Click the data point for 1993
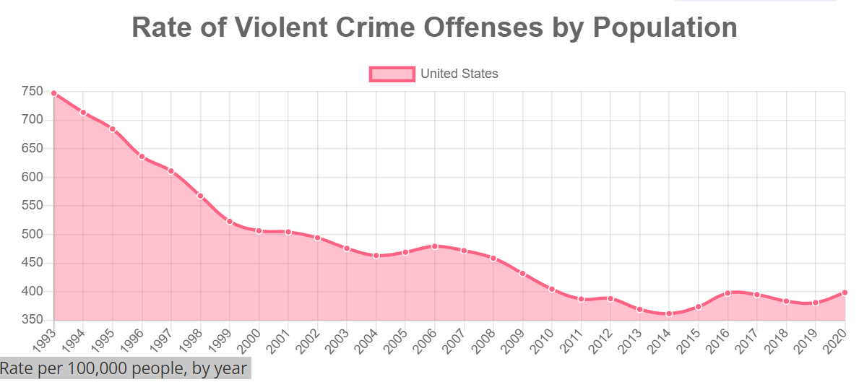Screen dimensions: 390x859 (x=54, y=93)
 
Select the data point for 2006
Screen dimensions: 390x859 (x=435, y=246)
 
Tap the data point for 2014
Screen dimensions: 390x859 (x=669, y=313)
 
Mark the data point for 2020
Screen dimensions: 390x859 (x=845, y=292)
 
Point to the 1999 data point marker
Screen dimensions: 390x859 (x=230, y=221)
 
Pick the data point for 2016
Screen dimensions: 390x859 (x=728, y=293)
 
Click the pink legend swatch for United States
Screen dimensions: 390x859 (x=392, y=74)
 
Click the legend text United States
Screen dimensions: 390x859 (x=459, y=74)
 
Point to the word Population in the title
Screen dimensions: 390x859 (x=665, y=27)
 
